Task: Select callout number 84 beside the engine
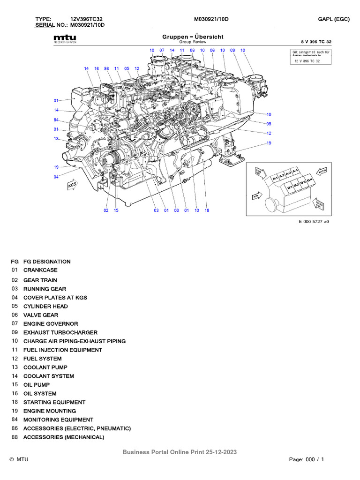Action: click(x=56, y=120)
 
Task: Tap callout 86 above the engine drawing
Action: click(x=107, y=68)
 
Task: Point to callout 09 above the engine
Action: click(x=232, y=50)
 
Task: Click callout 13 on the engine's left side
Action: click(x=56, y=138)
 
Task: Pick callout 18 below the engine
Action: click(x=207, y=210)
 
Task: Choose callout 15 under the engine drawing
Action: click(x=116, y=210)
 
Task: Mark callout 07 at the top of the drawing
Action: click(x=162, y=50)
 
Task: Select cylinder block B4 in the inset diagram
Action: click(x=310, y=180)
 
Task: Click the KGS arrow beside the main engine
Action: click(x=72, y=185)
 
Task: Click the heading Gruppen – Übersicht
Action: click(x=193, y=37)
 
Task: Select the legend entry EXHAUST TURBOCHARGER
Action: click(x=51, y=332)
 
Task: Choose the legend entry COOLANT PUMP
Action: click(x=45, y=367)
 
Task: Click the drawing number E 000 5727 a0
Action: click(x=314, y=222)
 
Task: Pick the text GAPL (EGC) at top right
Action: click(x=334, y=19)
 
